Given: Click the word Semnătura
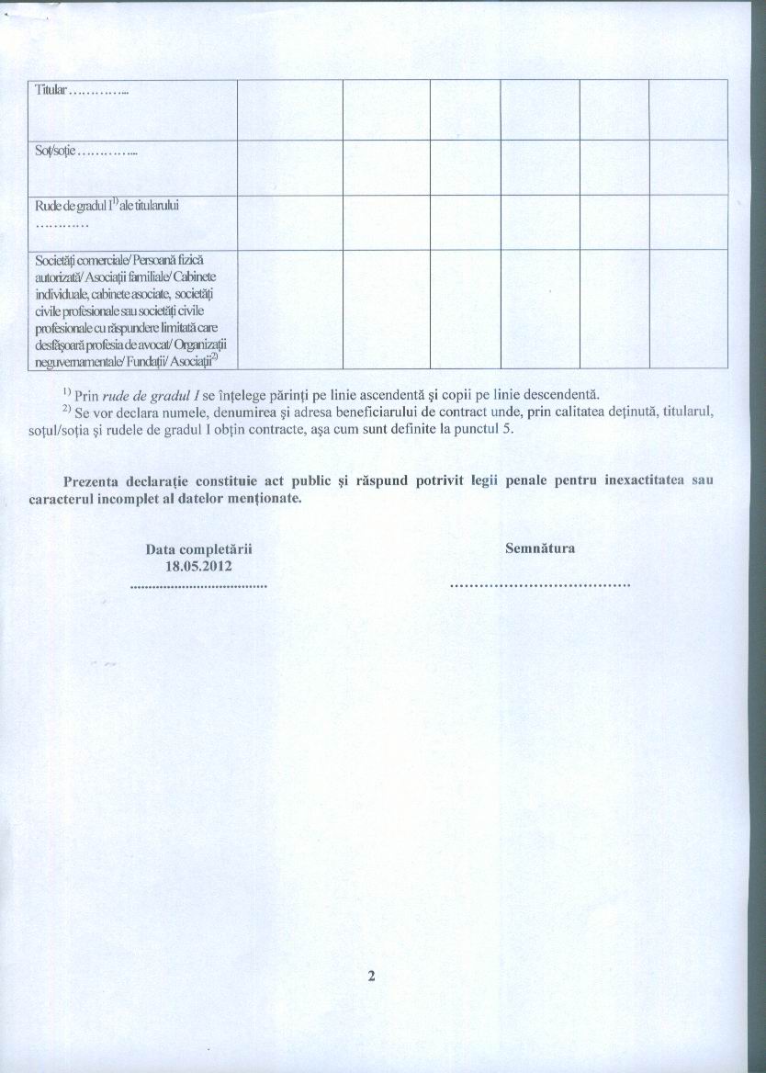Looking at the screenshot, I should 540,548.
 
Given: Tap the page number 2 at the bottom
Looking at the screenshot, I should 372,977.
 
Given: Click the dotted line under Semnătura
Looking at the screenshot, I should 540,584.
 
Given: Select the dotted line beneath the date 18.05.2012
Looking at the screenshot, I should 198,584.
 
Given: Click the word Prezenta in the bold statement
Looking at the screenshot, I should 92,481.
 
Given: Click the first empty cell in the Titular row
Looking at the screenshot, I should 289,109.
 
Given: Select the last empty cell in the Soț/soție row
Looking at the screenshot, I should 688,166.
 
